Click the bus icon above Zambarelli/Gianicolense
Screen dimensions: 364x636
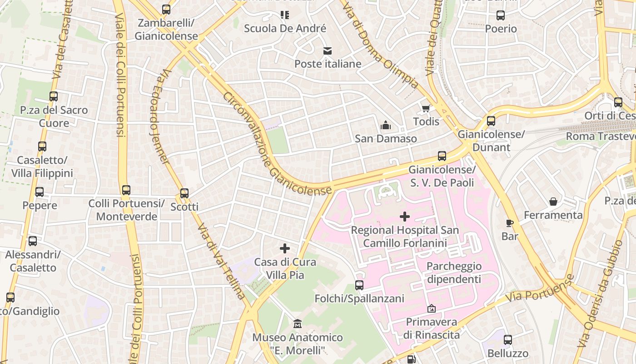[166, 9]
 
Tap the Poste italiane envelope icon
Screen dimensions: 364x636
[328, 51]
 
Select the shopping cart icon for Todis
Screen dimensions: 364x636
[426, 108]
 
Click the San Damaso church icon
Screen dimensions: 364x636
[386, 125]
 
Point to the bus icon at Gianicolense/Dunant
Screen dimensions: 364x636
[491, 121]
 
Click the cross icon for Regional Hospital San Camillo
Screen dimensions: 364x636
[404, 217]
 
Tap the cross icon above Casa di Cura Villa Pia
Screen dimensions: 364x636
[285, 248]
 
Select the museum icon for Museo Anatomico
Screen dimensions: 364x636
[298, 324]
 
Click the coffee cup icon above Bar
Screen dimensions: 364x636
[510, 223]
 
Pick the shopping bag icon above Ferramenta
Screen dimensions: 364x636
[553, 201]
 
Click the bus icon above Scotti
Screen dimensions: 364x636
[184, 193]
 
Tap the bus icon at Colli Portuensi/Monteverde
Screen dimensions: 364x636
[126, 190]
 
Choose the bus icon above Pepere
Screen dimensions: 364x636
[40, 192]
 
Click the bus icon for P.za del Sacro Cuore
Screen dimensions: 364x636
[54, 96]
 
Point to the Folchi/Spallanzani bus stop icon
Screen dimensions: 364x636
[359, 285]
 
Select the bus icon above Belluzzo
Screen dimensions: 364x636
[508, 340]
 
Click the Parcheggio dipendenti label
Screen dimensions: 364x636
[453, 273]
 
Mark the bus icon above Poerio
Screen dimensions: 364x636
[501, 15]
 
